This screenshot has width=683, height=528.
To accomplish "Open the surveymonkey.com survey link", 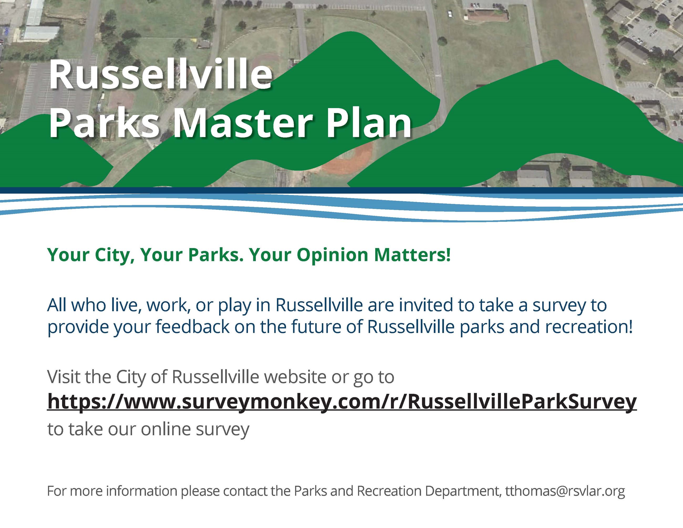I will tap(342, 402).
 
